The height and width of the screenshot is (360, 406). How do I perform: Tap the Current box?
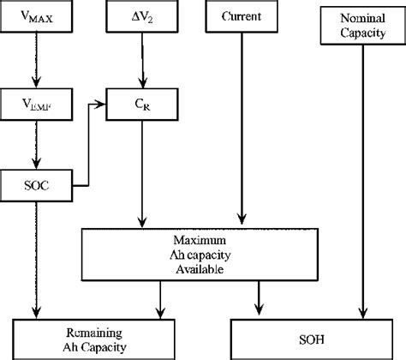point(242,17)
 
